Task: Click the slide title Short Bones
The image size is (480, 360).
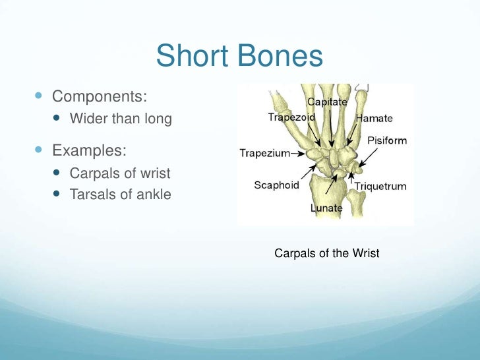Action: pyautogui.click(x=239, y=57)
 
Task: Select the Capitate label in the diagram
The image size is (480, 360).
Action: pyautogui.click(x=328, y=102)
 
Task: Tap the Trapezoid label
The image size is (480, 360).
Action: pyautogui.click(x=291, y=117)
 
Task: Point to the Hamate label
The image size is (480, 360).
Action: pyautogui.click(x=374, y=119)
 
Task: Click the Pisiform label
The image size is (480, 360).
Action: pyautogui.click(x=387, y=140)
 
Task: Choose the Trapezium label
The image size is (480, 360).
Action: pyautogui.click(x=264, y=154)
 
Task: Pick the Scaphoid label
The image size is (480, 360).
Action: pyautogui.click(x=276, y=185)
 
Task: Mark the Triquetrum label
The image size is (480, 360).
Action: pyautogui.click(x=380, y=186)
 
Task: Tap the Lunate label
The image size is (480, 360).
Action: pyautogui.click(x=326, y=208)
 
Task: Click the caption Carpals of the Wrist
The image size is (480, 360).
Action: pyautogui.click(x=326, y=253)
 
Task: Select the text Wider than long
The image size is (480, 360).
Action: pyautogui.click(x=121, y=119)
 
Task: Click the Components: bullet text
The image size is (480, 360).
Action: pyautogui.click(x=100, y=96)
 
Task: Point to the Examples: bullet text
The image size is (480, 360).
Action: pyautogui.click(x=89, y=150)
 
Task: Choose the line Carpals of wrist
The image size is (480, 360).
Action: pyautogui.click(x=120, y=173)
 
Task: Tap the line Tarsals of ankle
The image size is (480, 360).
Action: pyautogui.click(x=120, y=195)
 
